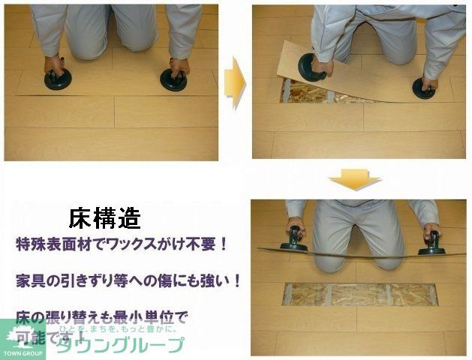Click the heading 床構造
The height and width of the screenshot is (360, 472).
[104, 218]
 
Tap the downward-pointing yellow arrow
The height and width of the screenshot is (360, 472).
[355, 178]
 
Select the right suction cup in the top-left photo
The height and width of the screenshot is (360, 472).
[174, 79]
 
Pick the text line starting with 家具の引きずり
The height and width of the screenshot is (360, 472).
[128, 281]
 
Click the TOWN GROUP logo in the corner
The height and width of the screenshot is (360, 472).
[23, 340]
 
